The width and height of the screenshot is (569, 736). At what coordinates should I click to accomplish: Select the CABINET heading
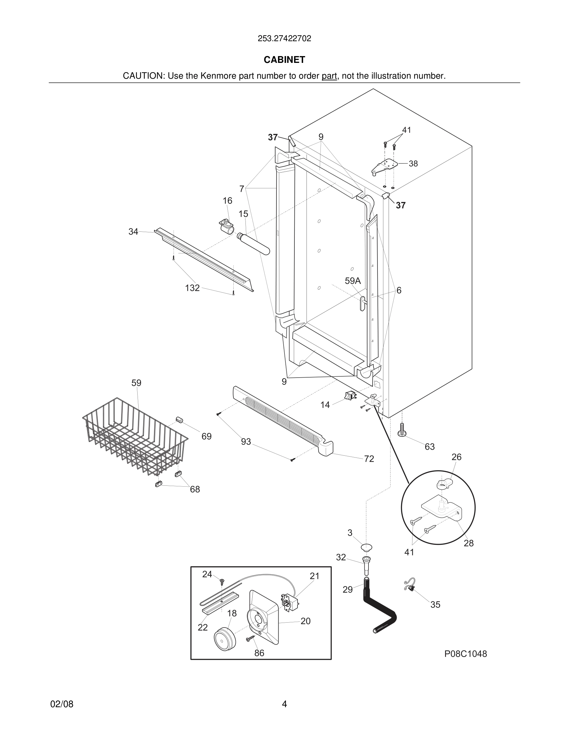[284, 60]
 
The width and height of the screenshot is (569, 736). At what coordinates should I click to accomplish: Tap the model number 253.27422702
[284, 38]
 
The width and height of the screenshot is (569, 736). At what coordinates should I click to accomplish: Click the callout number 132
[192, 288]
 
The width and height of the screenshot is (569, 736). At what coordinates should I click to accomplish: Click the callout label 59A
[353, 281]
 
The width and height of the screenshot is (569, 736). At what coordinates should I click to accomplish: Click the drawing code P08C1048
[465, 654]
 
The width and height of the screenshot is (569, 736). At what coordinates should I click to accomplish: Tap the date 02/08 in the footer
[62, 704]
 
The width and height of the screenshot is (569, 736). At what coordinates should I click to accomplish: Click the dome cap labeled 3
[366, 546]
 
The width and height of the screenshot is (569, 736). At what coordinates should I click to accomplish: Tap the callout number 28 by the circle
[469, 543]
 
